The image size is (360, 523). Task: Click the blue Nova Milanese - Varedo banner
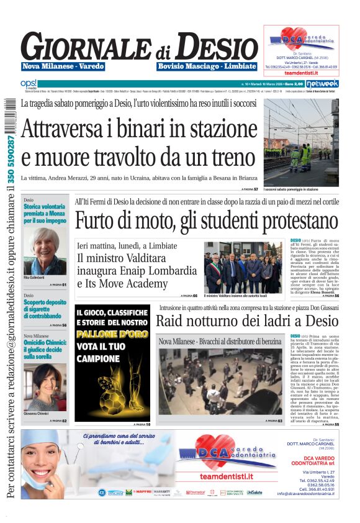coord(63,66)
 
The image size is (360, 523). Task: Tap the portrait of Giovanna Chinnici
coord(45,386)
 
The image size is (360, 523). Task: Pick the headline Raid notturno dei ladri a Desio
coord(246,321)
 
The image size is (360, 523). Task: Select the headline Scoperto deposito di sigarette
coord(45,309)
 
